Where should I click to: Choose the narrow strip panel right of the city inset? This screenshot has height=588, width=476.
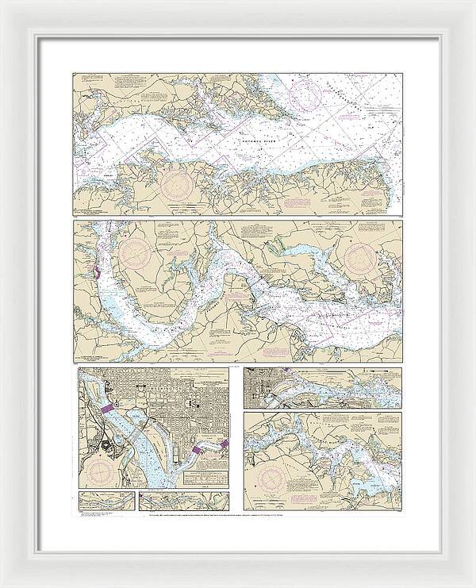click(322, 386)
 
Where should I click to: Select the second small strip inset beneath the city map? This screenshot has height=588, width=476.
click(183, 501)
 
